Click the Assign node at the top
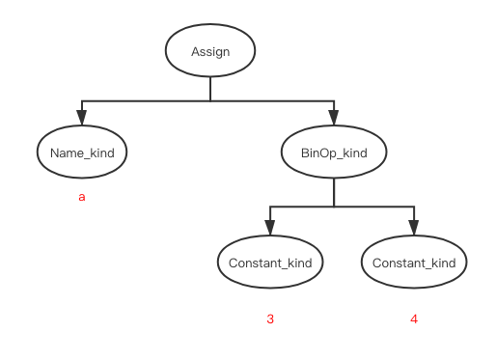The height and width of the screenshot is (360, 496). coord(210,51)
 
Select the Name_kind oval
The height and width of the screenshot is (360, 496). coord(82,152)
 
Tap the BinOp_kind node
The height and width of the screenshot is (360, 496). coord(334,152)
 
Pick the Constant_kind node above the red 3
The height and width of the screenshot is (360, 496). coord(269,263)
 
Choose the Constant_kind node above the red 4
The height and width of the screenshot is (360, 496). coord(413,263)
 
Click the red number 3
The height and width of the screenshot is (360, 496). coord(270,319)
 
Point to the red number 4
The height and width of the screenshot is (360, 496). coord(414,319)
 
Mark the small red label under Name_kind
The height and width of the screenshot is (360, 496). coord(82,198)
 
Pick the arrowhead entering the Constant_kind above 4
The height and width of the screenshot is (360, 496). coord(413,230)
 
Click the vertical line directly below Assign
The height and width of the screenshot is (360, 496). coord(210,89)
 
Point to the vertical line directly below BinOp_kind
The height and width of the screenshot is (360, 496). coord(334,192)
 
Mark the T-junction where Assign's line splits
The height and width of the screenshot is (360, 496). coord(210,101)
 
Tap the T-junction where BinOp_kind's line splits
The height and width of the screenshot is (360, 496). coord(334,207)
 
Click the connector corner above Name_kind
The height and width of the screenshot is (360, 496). coord(82,101)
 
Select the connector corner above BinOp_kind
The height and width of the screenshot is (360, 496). coord(334,101)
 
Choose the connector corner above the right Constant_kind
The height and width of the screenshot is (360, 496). coord(413,207)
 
